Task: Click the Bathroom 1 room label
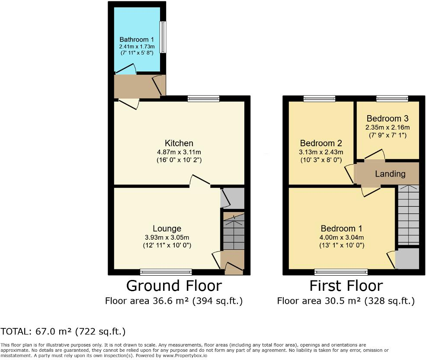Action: click(137, 39)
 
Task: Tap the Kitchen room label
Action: click(179, 143)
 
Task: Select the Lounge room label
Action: click(167, 228)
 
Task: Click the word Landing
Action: click(390, 174)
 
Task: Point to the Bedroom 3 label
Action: click(388, 118)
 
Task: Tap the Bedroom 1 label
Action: click(342, 228)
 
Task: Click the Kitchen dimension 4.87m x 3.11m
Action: click(179, 152)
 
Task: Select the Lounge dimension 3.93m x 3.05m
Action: click(167, 237)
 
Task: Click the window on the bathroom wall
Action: click(163, 37)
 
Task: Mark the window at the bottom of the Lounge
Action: click(166, 272)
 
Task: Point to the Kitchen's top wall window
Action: click(203, 99)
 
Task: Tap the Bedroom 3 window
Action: click(392, 99)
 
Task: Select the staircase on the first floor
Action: click(408, 215)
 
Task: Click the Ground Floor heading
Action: click(174, 286)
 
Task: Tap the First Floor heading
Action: click(346, 286)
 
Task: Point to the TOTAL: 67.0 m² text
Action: click(63, 332)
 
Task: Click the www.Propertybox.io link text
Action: click(185, 355)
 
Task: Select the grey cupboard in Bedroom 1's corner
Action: click(407, 259)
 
